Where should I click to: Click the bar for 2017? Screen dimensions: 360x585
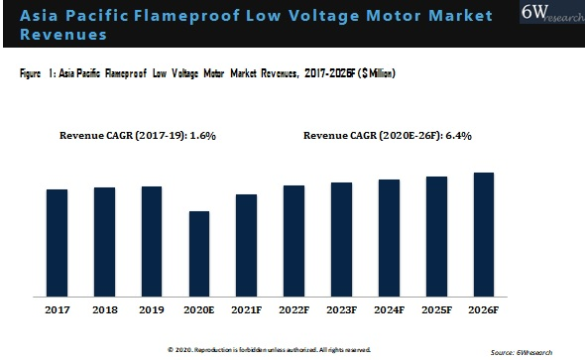pyautogui.click(x=57, y=242)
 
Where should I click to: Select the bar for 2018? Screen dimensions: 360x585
pyautogui.click(x=104, y=241)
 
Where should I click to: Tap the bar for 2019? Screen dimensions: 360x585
pyautogui.click(x=151, y=241)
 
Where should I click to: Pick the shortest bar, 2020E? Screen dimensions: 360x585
pyautogui.click(x=198, y=253)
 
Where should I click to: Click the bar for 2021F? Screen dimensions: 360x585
pyautogui.click(x=246, y=245)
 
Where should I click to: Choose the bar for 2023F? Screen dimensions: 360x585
pyautogui.click(x=340, y=239)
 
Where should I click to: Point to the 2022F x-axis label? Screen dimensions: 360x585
pyautogui.click(x=293, y=310)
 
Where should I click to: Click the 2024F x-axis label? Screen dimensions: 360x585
pyautogui.click(x=389, y=310)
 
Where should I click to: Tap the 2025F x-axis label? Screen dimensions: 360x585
pyautogui.click(x=436, y=310)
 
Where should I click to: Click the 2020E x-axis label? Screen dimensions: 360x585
pyautogui.click(x=198, y=310)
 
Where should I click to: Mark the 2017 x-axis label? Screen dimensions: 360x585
pyautogui.click(x=57, y=310)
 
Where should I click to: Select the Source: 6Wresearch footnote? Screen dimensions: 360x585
pyautogui.click(x=542, y=352)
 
